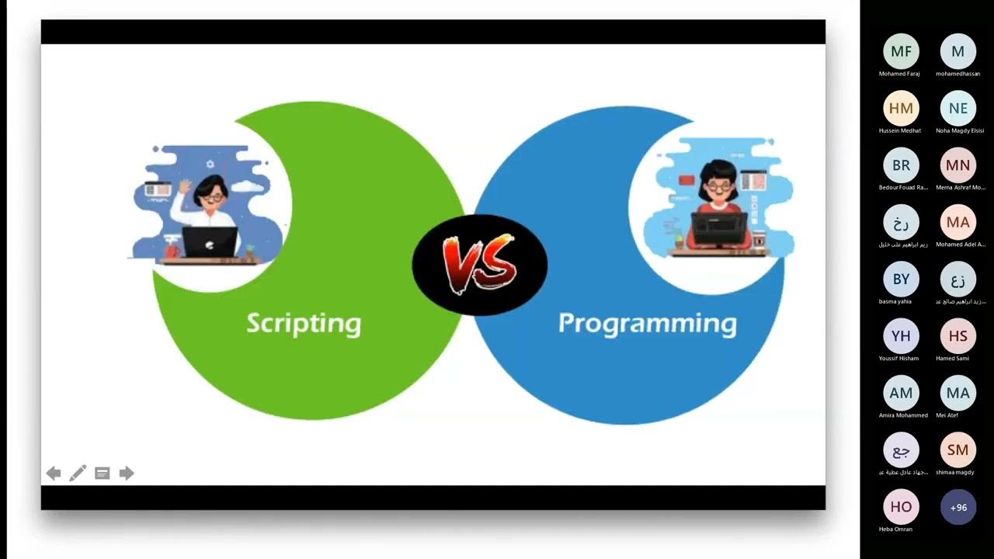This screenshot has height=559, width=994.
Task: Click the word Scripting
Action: click(304, 323)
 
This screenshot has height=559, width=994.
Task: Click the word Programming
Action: click(647, 323)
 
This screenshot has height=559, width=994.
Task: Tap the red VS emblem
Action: click(479, 264)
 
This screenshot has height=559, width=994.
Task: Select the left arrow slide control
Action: click(54, 474)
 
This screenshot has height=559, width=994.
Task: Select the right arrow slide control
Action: click(127, 474)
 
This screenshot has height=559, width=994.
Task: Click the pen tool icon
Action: click(78, 474)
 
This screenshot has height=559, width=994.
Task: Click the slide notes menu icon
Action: click(102, 474)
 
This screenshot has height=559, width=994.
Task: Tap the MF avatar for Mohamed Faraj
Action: click(901, 52)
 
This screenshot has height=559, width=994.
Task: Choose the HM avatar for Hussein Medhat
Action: click(901, 109)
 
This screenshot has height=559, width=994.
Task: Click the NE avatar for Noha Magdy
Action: click(958, 109)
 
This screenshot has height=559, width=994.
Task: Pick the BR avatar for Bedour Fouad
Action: click(901, 165)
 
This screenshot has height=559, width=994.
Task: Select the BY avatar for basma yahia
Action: click(901, 279)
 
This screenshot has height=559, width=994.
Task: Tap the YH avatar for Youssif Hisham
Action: click(901, 336)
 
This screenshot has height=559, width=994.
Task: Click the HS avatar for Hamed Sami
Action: click(958, 336)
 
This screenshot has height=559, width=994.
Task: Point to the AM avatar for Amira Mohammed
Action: click(901, 393)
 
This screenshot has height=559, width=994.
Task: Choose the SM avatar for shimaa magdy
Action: click(958, 450)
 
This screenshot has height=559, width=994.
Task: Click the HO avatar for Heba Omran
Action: click(901, 507)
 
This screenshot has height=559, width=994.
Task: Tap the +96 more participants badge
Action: click(958, 507)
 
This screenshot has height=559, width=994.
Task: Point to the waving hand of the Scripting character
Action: click(185, 186)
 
